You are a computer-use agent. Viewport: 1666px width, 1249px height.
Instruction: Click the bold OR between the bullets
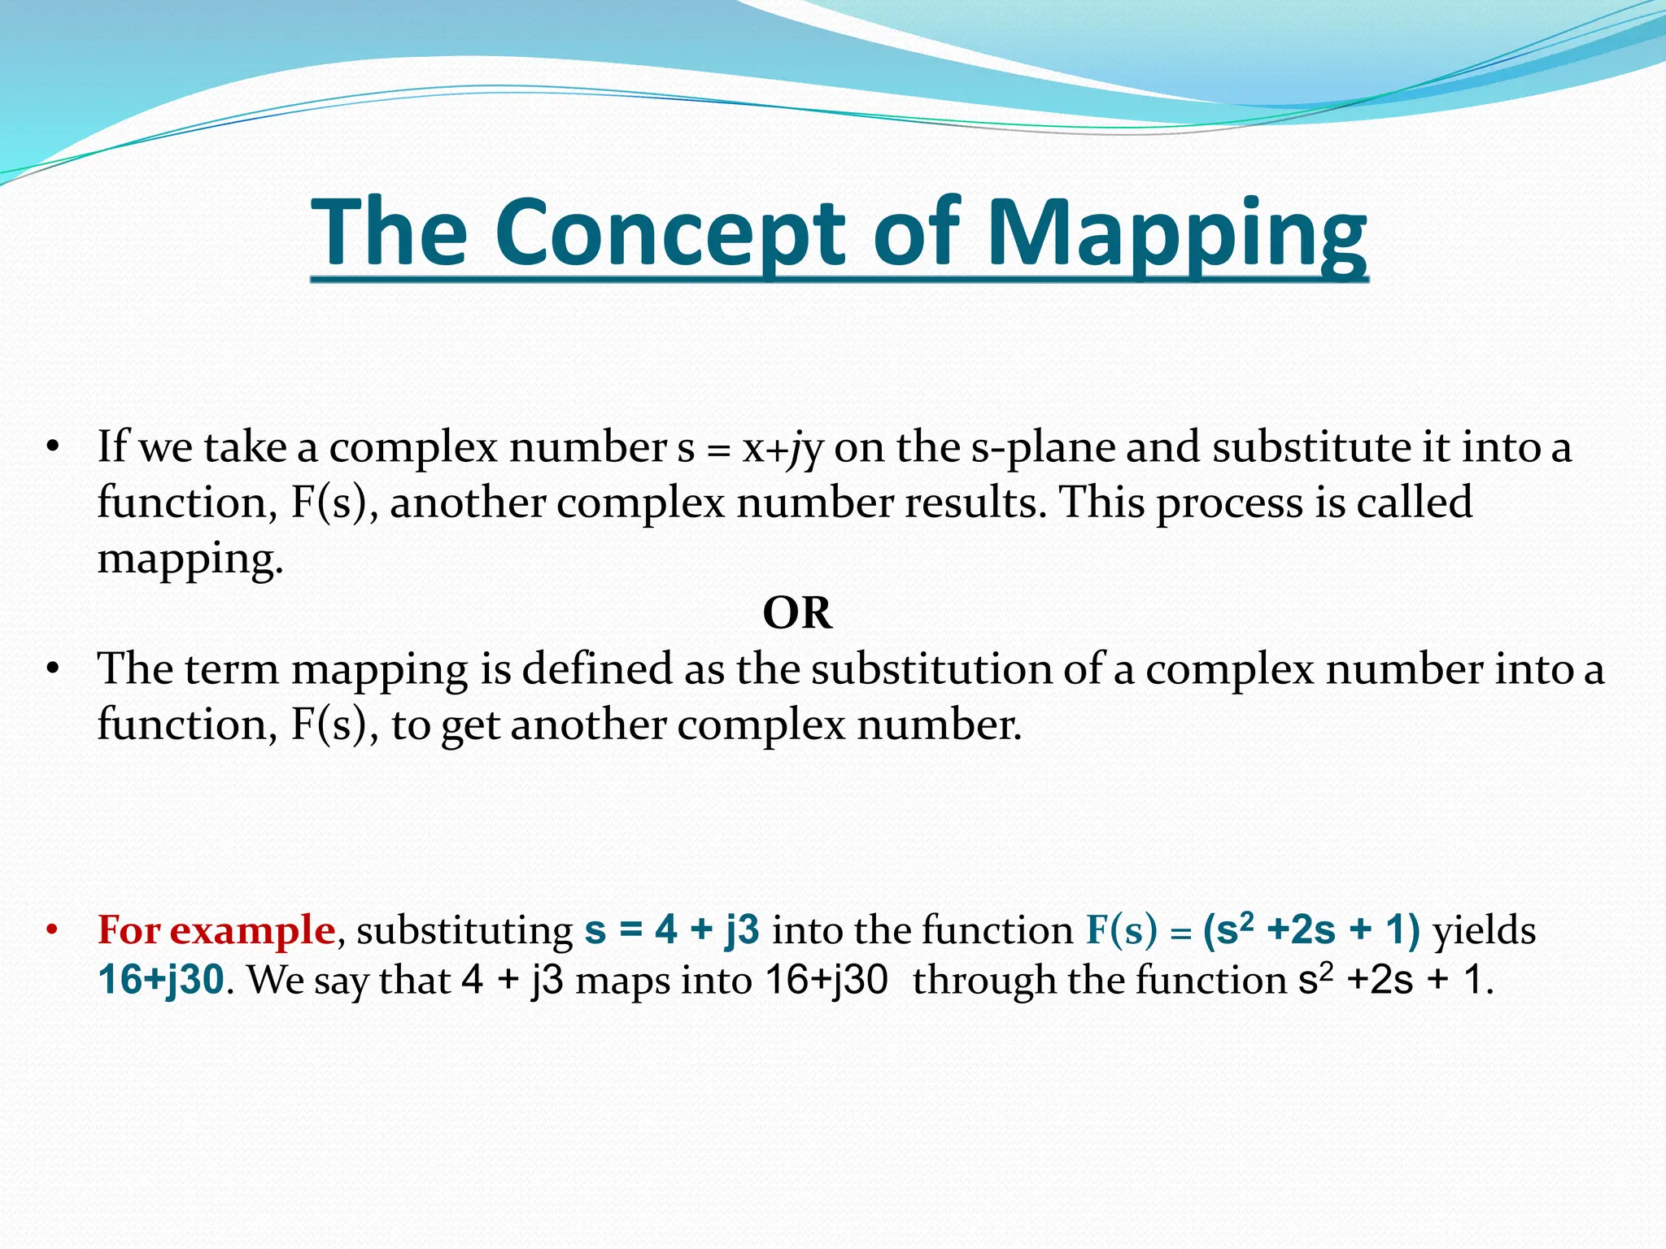click(797, 613)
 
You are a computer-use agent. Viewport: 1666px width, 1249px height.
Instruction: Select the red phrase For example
click(216, 929)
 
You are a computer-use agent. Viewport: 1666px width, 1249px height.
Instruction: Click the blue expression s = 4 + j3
click(672, 929)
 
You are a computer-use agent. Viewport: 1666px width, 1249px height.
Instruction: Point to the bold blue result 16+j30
click(161, 980)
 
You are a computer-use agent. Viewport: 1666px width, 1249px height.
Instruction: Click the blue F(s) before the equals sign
click(1121, 929)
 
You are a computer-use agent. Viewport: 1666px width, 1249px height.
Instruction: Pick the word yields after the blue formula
click(1484, 929)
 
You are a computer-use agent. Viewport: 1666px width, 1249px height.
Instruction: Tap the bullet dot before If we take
click(53, 448)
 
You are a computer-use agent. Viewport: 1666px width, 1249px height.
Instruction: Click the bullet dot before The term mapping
click(53, 670)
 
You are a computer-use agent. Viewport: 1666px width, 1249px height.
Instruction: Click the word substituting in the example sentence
click(464, 929)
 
